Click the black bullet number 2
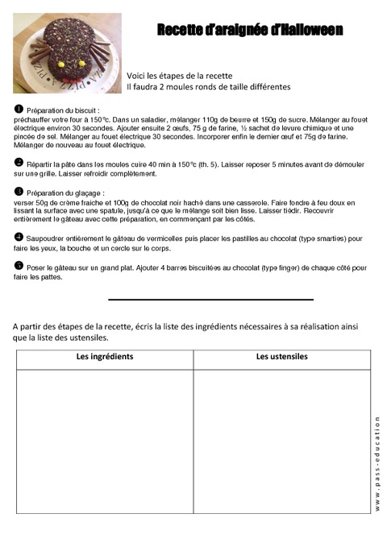pos(19,162)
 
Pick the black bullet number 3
pos(19,192)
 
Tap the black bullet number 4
pos(19,238)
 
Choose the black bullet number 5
pos(19,265)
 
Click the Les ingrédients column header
pos(105,356)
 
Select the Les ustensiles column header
pos(282,356)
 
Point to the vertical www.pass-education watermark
pos(378,462)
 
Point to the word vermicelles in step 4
pos(152,239)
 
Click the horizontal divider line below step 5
pos(210,300)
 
